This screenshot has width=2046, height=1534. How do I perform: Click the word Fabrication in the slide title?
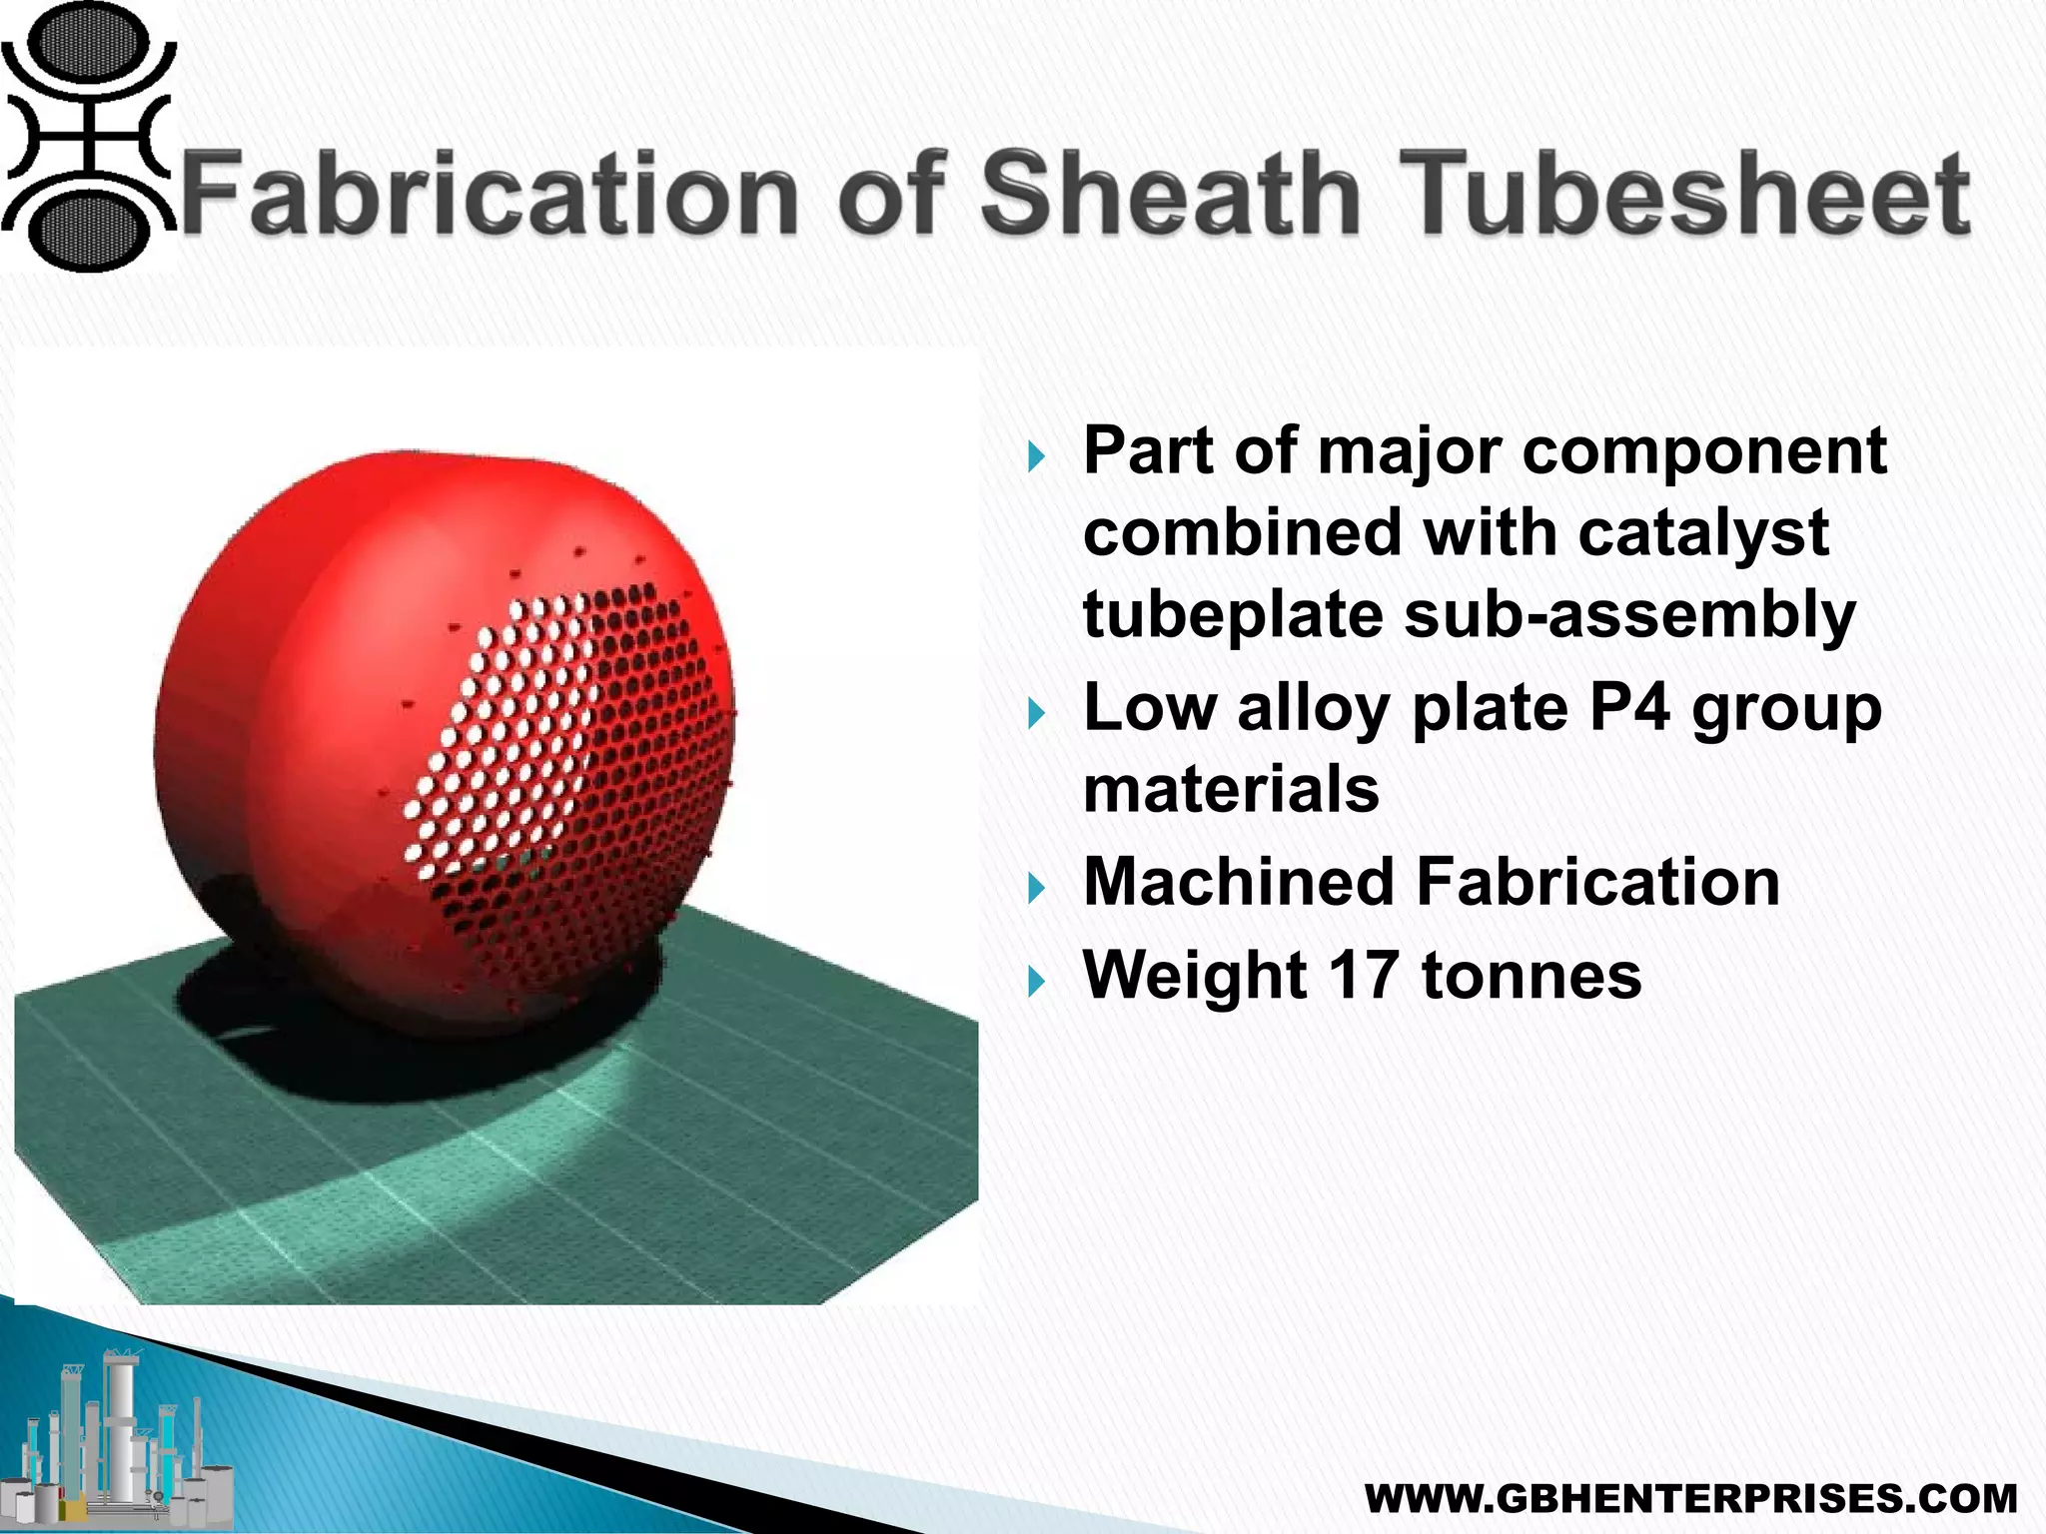pos(490,192)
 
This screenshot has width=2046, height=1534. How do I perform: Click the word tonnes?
pos(1532,975)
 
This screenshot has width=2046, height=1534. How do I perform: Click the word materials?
pos(1231,789)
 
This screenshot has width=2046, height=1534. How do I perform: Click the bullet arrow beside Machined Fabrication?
pos(1036,888)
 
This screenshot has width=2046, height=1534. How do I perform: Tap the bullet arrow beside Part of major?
pos(1036,458)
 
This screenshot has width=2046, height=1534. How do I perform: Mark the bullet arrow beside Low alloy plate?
pos(1036,714)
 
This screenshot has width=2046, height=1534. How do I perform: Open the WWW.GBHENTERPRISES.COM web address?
pos(1690,1499)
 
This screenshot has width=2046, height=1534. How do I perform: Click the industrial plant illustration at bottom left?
pos(120,1438)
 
